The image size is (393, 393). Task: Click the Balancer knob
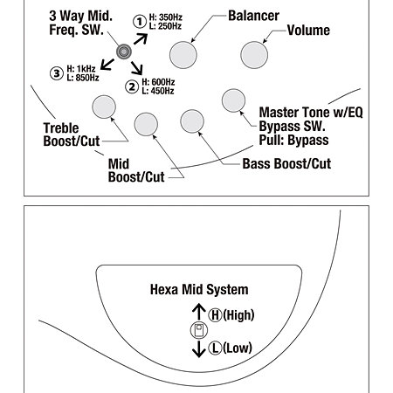tap(183, 55)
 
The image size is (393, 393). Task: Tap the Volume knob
tap(254, 55)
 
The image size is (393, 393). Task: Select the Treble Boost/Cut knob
tap(104, 107)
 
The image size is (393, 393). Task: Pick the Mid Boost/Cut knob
tap(146, 124)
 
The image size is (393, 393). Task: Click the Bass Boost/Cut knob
tap(192, 121)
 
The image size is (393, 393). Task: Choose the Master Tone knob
tap(233, 100)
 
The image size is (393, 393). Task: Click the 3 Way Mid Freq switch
tap(124, 52)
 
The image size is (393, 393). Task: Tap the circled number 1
tap(140, 22)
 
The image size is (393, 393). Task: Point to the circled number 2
tap(132, 86)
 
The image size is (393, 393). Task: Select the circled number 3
tap(57, 73)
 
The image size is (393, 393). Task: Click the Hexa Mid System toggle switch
tap(199, 330)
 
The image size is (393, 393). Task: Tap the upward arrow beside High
tap(199, 312)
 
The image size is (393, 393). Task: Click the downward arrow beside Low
tap(199, 349)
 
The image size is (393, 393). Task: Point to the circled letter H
tap(215, 315)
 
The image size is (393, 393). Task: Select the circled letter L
tap(215, 348)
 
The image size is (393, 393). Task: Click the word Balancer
tap(253, 16)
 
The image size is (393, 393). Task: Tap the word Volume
tap(308, 31)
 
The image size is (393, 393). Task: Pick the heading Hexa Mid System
tap(199, 290)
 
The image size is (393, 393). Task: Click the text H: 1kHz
tap(81, 69)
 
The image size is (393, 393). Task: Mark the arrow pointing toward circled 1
tap(141, 38)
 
